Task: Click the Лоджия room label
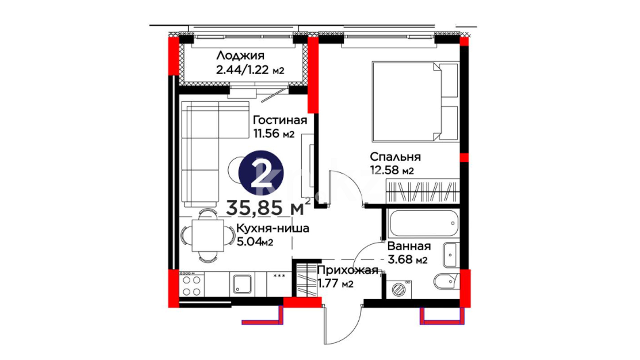point(240,55)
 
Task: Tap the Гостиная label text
point(280,120)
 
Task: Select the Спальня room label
point(395,157)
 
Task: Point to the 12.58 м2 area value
point(392,170)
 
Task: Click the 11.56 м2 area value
point(274,133)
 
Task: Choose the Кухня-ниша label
point(273,228)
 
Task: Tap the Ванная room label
point(409,246)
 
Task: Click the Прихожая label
point(348,270)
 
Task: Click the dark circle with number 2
point(261,173)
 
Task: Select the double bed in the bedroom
point(415,101)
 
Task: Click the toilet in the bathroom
point(447,281)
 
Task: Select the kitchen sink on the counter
point(242,284)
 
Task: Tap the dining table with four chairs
point(207,235)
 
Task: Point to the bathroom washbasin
point(450,255)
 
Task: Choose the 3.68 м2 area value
point(407,259)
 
